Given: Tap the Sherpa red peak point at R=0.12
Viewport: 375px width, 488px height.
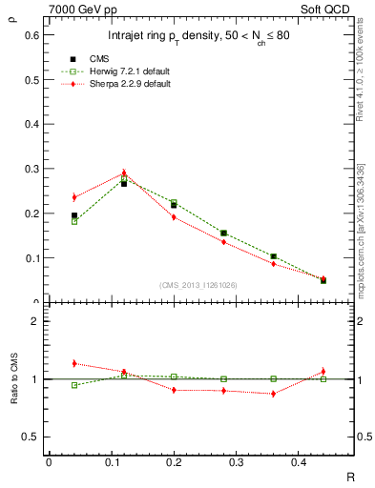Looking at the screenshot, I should click(124, 173).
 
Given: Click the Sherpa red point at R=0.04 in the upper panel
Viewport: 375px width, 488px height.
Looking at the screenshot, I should click(74, 197).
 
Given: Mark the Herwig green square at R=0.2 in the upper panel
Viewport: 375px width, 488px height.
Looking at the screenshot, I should click(174, 203).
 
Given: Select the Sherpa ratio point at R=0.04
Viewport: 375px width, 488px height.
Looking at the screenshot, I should click(74, 363).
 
